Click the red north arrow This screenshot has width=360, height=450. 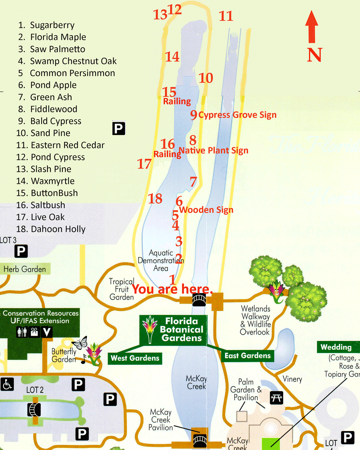click(x=312, y=27)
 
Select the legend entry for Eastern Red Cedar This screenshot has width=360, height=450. click(x=60, y=145)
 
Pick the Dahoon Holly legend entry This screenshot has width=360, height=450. click(x=51, y=229)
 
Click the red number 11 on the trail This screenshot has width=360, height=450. click(x=226, y=16)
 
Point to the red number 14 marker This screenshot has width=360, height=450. click(x=172, y=57)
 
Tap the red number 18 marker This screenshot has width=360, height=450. click(x=155, y=199)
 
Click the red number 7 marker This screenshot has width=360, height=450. click(x=193, y=182)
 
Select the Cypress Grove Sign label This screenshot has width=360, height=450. click(x=237, y=115)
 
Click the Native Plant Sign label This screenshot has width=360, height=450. click(x=213, y=150)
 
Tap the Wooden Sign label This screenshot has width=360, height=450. click(x=206, y=210)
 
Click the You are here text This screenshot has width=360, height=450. click(x=172, y=289)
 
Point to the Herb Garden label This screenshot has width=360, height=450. click(x=25, y=269)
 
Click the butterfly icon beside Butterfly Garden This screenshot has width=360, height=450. click(x=80, y=343)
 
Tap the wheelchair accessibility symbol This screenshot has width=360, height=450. click(x=7, y=384)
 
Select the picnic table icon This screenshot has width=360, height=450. click(x=276, y=398)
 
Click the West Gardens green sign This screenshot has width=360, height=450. click(x=135, y=358)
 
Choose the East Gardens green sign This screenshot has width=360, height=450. click(x=247, y=356)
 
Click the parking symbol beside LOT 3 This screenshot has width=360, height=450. click(x=21, y=251)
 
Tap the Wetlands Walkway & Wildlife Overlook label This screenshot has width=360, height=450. click(x=256, y=320)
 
